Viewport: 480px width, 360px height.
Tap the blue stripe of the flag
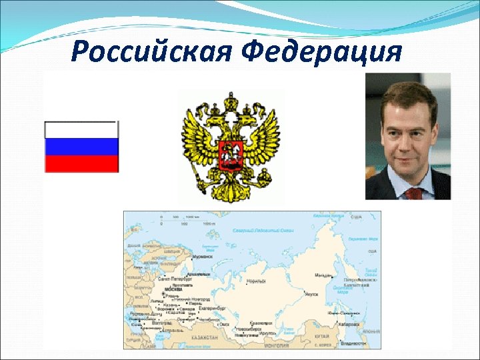(81, 147)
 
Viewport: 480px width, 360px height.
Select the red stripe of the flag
(81, 163)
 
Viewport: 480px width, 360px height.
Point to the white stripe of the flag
(81, 130)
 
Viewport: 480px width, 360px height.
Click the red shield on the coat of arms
(230, 155)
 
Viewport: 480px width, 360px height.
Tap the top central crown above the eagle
(231, 101)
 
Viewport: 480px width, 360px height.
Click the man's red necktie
(414, 193)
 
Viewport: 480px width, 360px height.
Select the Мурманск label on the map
(202, 256)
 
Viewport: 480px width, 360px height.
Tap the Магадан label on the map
(323, 274)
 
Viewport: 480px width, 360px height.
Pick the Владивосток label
(353, 343)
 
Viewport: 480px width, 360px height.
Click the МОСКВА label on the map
(173, 290)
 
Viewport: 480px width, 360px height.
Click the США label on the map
(356, 217)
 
